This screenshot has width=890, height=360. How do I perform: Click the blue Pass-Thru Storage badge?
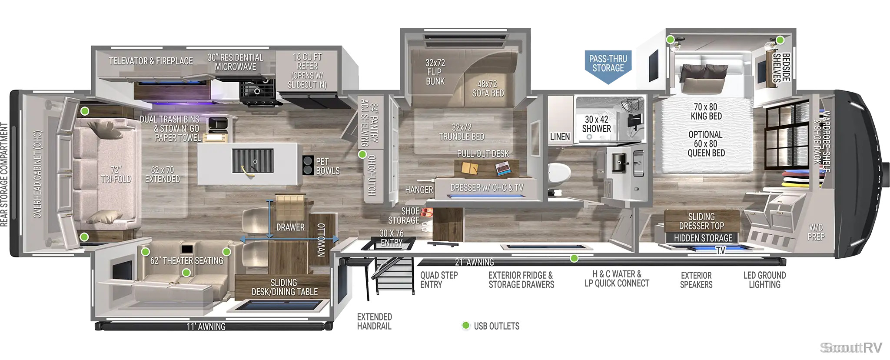point(608,66)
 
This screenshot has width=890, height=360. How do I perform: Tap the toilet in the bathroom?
point(559,174)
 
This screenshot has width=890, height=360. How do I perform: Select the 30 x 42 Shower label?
point(596,124)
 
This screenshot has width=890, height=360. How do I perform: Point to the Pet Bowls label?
point(328,166)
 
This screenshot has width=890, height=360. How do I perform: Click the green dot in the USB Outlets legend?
point(466,326)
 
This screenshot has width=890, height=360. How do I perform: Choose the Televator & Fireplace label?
point(151,61)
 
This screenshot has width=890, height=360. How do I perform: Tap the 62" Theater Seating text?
point(187,260)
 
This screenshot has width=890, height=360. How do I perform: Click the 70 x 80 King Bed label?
point(706,111)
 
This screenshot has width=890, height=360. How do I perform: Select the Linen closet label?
point(560,137)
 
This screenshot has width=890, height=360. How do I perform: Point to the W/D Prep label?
point(816,232)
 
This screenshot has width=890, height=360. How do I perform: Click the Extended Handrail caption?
point(374,321)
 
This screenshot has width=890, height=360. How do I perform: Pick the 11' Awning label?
point(206,327)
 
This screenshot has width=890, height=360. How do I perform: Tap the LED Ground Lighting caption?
point(764,280)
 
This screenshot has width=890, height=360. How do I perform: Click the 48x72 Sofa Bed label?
point(488,88)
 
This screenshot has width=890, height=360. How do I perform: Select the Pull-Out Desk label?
point(483,154)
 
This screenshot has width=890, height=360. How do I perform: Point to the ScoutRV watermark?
point(851,348)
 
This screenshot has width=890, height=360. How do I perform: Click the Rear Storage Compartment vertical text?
point(4,174)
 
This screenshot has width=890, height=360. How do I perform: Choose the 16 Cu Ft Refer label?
point(307,70)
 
